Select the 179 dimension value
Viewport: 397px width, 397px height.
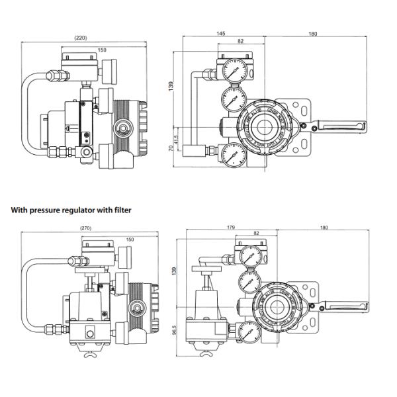coord(231,228)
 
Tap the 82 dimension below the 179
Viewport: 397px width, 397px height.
coord(257,234)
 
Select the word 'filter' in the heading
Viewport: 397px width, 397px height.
coord(121,210)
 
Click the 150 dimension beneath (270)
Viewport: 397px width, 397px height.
coord(130,239)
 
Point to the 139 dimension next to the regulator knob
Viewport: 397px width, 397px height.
coord(174,271)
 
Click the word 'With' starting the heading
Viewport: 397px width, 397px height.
coord(19,210)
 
